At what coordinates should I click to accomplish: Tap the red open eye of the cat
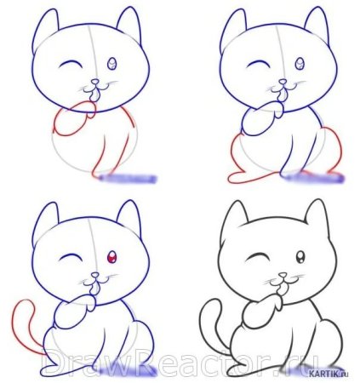111,256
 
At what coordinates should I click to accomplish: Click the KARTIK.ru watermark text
331,372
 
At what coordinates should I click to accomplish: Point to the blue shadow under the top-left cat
128,179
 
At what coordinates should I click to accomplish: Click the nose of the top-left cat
94,83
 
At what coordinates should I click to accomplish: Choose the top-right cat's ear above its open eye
315,23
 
